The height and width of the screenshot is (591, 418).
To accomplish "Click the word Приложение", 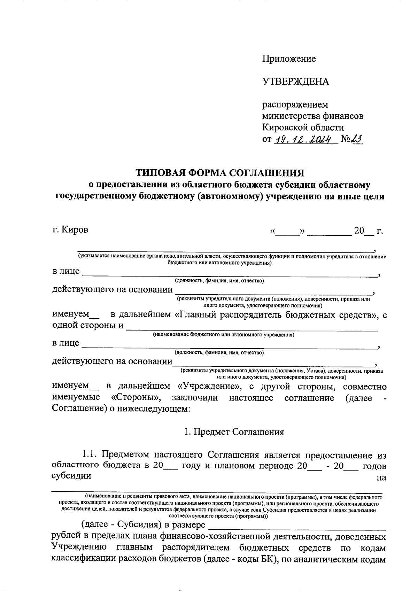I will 289,59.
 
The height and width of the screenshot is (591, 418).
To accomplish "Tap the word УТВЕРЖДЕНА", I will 295,81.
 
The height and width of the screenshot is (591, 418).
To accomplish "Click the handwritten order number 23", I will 357,139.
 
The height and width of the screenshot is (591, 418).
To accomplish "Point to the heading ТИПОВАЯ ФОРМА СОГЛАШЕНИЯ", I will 220,173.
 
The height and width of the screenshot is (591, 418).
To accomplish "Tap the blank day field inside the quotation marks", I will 287,231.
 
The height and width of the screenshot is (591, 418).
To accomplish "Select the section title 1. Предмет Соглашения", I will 234,432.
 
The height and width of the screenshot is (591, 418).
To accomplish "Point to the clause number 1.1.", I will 90,454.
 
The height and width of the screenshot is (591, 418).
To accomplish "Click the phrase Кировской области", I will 303,127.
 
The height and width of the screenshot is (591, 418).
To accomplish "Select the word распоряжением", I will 295,104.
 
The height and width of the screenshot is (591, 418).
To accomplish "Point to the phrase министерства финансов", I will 312,116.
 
